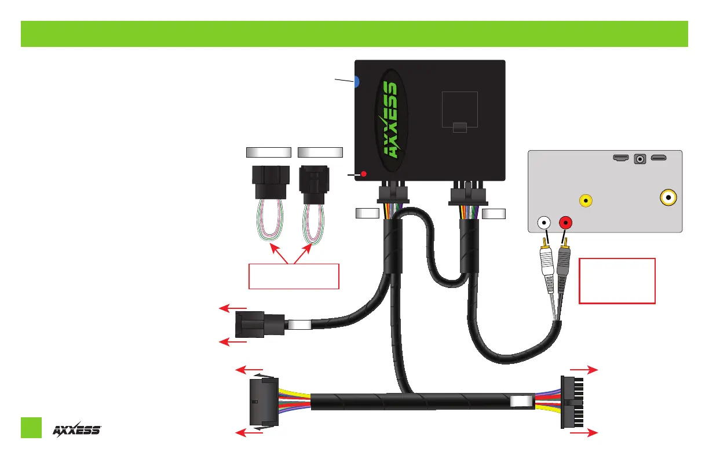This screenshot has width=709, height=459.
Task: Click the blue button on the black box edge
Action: click(357, 82)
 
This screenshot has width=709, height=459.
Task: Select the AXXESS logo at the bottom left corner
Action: click(77, 429)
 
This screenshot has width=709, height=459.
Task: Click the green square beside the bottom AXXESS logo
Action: click(31, 427)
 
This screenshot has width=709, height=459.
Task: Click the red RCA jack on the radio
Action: click(565, 222)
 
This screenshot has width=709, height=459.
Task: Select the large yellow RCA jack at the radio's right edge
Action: click(669, 198)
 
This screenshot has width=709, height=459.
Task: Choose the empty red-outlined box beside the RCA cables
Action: click(617, 280)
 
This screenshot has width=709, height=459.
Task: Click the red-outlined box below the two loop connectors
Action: click(293, 275)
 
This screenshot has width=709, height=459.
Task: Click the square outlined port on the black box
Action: click(459, 110)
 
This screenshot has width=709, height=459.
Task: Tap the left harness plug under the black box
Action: click(393, 194)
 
